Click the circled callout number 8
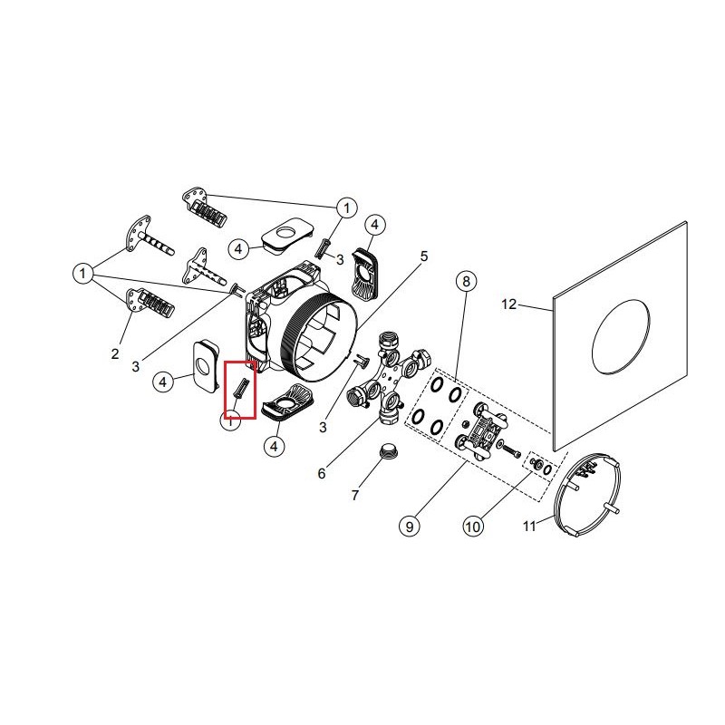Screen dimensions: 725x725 click(466, 281)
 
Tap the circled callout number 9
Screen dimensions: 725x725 click(410, 527)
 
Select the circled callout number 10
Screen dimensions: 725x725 click(473, 527)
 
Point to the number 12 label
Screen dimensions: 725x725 click(508, 304)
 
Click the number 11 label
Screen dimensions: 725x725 click(529, 526)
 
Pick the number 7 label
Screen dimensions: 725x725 click(354, 495)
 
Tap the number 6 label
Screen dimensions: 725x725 click(322, 473)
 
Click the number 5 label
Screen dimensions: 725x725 click(424, 256)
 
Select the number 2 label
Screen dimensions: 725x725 click(115, 353)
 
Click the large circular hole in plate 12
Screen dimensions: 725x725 click(621, 335)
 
